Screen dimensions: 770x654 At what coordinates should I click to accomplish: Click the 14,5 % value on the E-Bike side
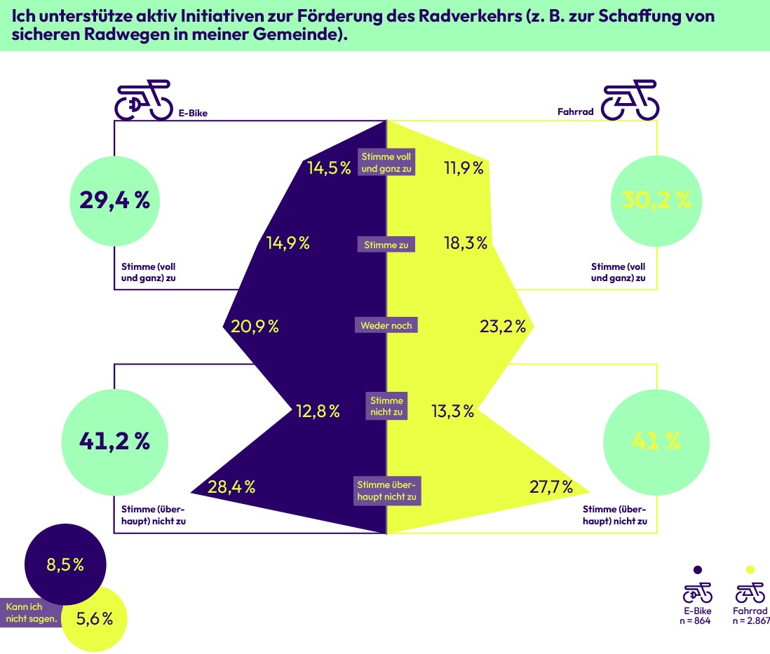pos(329,168)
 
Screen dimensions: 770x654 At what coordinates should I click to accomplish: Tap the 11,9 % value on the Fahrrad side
pos(464,168)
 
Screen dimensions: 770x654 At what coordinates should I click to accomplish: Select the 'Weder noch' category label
pos(386,325)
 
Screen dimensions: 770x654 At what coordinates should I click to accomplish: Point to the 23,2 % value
pos(503,326)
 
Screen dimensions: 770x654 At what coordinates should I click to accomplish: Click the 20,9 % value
pos(255,326)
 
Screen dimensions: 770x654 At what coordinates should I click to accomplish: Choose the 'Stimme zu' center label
pos(386,245)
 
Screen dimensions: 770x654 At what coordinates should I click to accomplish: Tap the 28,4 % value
pos(231,486)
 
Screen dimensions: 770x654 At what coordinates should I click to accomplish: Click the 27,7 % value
pos(551,486)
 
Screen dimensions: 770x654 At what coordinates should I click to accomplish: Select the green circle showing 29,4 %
pos(115,200)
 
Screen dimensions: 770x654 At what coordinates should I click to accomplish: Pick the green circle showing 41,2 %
pos(115,442)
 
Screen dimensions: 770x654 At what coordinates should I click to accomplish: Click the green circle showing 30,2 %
pos(656,200)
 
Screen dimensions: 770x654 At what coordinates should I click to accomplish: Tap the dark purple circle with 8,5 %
pos(65,565)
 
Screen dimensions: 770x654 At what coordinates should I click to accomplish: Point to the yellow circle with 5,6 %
pos(95,619)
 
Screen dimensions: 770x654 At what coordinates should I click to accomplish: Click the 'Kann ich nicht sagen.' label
pos(32,613)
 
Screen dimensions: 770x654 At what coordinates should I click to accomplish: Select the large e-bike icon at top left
pos(143,100)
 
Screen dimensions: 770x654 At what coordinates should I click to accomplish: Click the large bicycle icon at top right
pos(630,100)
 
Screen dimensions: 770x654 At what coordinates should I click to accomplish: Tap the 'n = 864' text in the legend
pos(695,620)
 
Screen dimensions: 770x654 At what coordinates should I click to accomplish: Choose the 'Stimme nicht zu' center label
pos(386,406)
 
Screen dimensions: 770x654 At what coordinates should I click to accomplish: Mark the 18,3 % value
pos(466,243)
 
